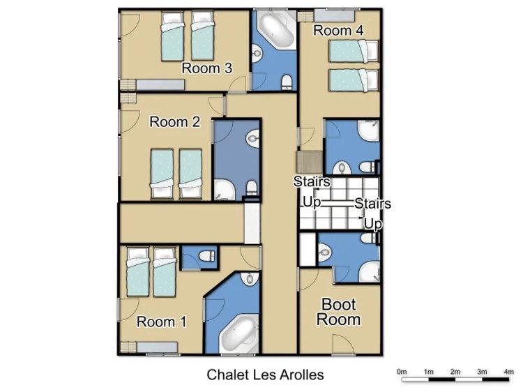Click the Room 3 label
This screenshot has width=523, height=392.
(207, 68)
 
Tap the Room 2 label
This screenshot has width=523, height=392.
(174, 122)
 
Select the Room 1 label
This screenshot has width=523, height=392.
(162, 322)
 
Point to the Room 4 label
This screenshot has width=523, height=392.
(338, 31)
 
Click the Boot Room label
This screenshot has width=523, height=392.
(338, 312)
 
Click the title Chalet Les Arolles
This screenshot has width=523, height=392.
(265, 375)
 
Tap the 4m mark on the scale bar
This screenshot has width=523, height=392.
(508, 372)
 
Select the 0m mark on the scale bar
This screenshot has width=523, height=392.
(402, 372)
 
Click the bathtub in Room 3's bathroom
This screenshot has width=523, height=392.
(275, 29)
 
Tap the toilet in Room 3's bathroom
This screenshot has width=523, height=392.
(287, 82)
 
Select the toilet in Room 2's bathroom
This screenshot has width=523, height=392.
(252, 188)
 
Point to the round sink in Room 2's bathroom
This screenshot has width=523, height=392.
(252, 137)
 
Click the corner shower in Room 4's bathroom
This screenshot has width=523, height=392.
(369, 130)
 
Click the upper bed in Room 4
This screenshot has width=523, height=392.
(354, 51)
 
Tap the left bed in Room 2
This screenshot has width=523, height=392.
(162, 174)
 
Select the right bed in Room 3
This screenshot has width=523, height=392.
(202, 36)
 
